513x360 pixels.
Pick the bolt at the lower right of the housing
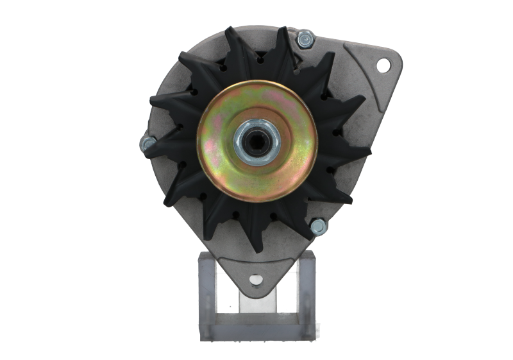(x=317, y=226)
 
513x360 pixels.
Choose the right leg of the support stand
(x=306, y=289)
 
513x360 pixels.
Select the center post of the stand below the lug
(x=256, y=302)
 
